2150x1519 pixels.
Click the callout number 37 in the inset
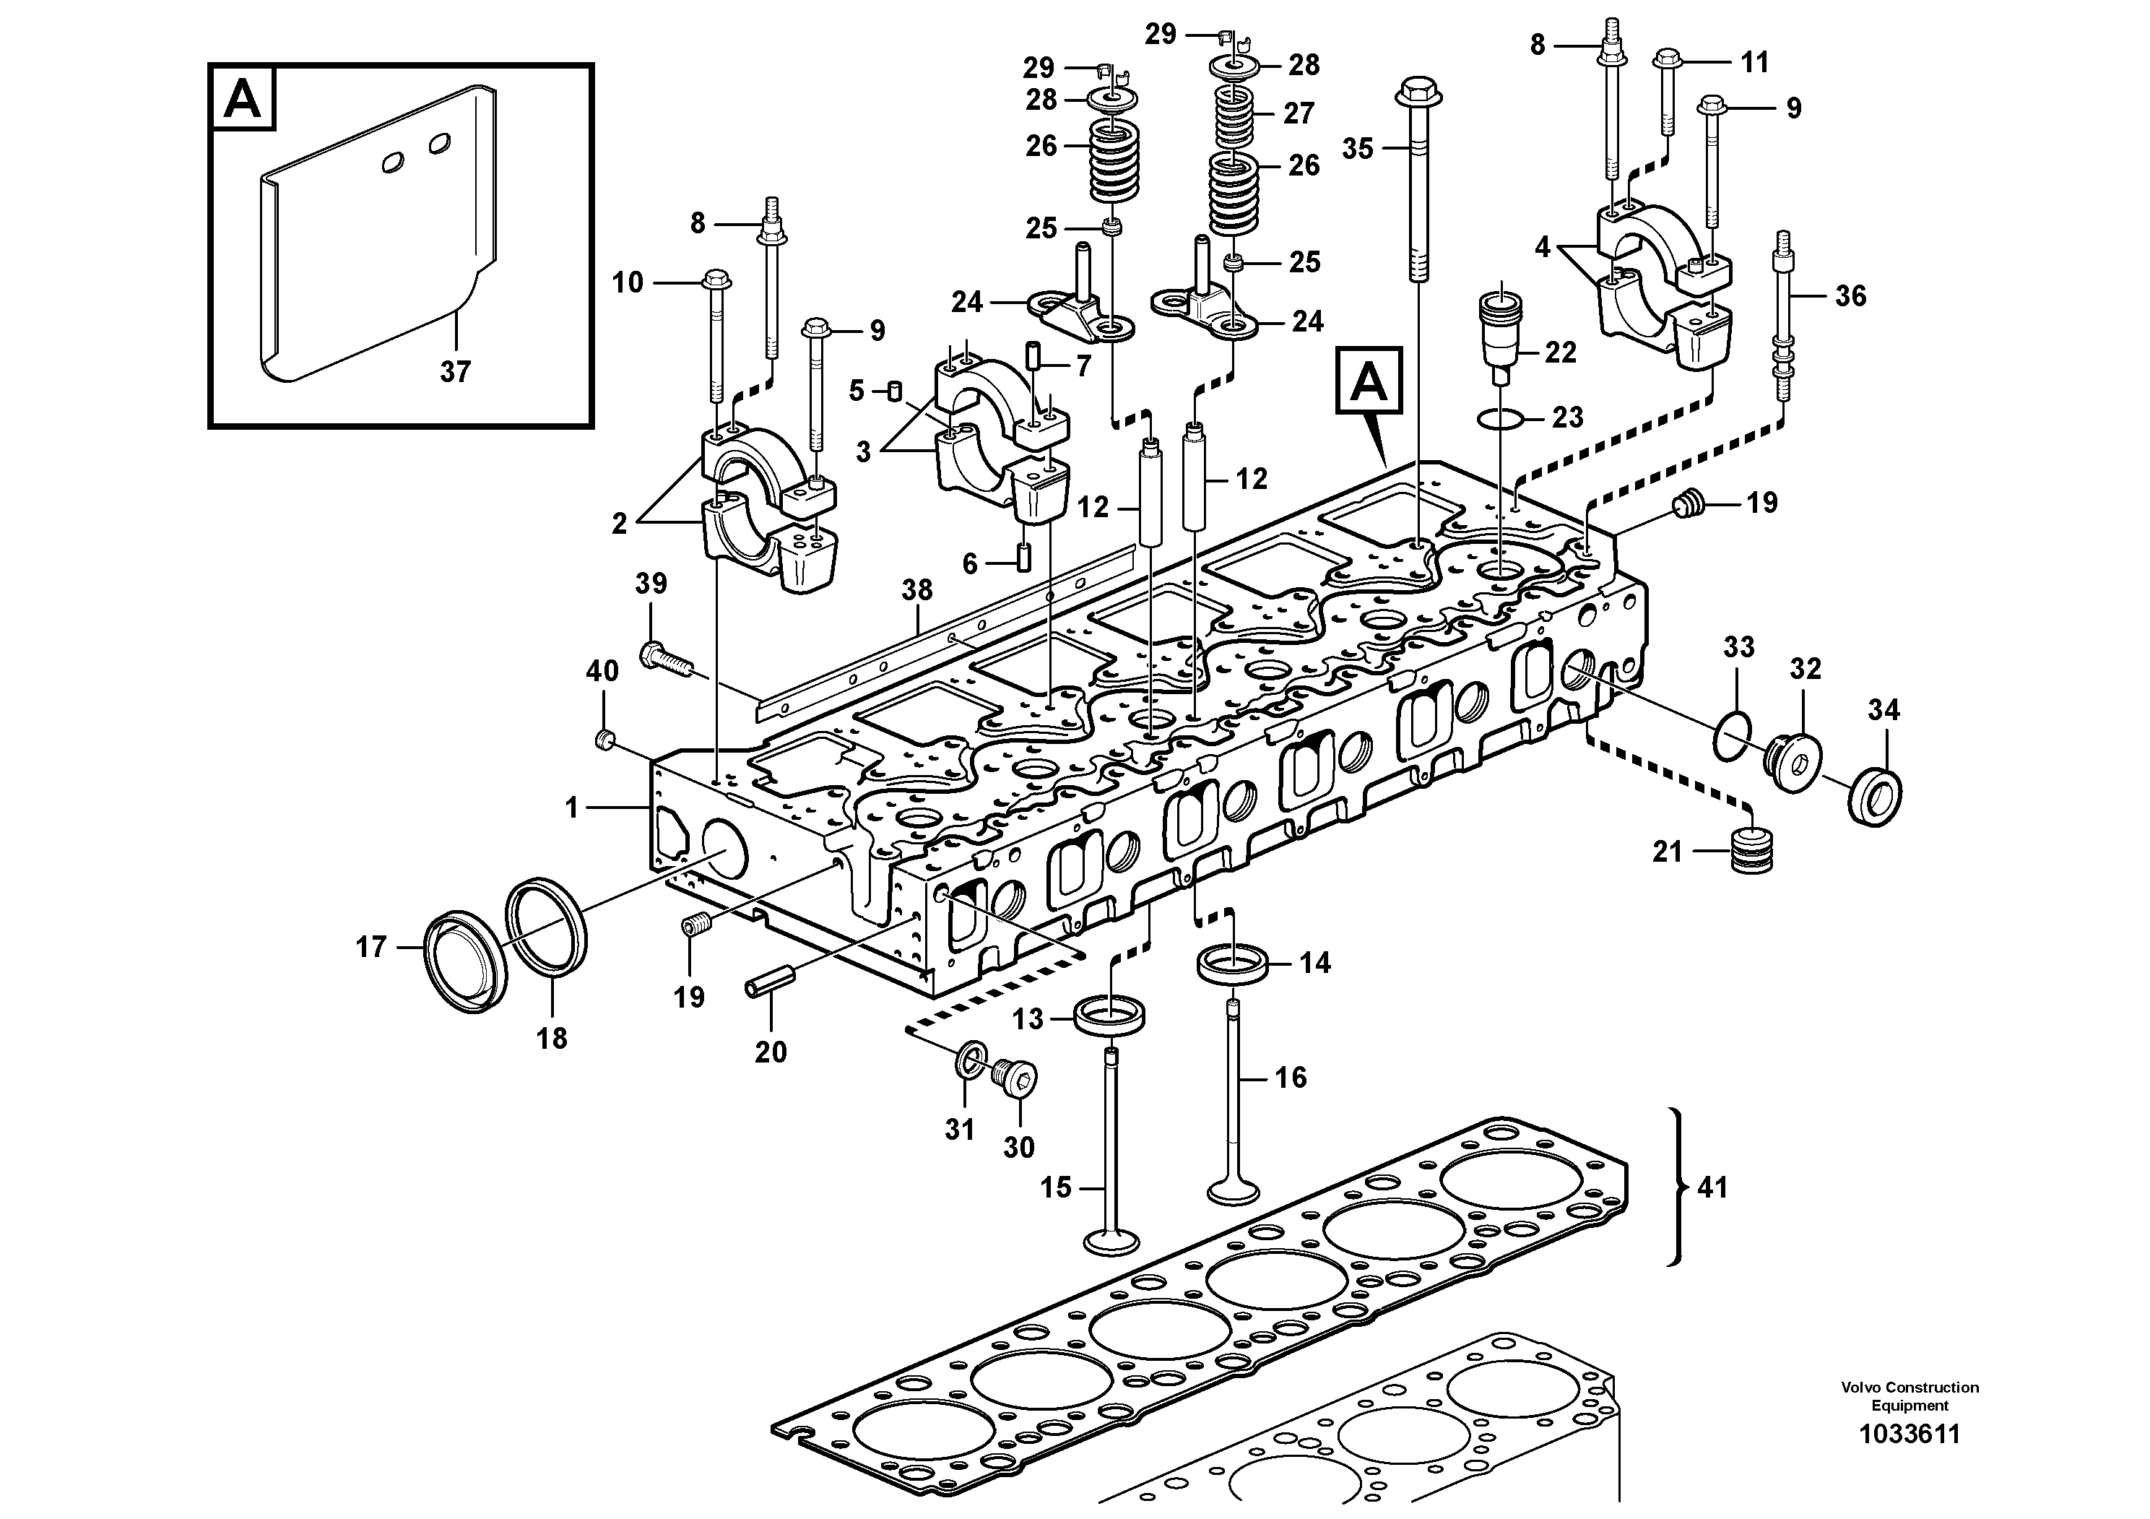click(455, 372)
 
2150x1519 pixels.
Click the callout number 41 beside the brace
click(1712, 1187)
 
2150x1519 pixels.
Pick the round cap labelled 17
click(465, 960)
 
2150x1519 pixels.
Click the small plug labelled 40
click(604, 743)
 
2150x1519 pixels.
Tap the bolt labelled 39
click(663, 659)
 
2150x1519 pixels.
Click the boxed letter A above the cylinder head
click(1368, 379)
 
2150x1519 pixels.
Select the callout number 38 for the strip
click(916, 590)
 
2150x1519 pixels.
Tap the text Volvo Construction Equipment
click(1910, 1395)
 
